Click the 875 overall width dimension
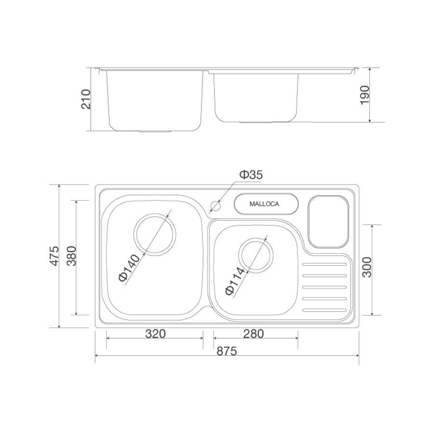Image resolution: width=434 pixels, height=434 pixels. (x=227, y=351)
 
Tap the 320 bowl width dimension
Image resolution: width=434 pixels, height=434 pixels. (x=155, y=334)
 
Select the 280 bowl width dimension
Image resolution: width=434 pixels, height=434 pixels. (x=254, y=334)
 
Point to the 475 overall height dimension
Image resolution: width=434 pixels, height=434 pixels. (x=54, y=256)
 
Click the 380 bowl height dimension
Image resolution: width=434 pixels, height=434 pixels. (x=72, y=256)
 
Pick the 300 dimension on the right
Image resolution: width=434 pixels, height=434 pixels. (x=367, y=267)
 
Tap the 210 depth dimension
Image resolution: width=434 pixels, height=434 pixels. (x=86, y=99)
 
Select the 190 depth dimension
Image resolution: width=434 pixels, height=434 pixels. (x=365, y=95)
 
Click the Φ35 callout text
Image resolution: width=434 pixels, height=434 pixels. (x=251, y=175)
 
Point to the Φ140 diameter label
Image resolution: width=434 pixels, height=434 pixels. (x=130, y=268)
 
